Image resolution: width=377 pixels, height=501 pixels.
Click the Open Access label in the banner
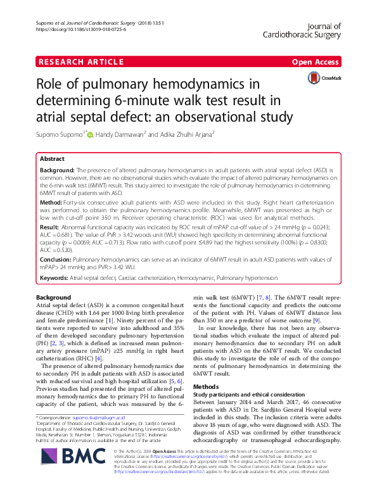point(316,61)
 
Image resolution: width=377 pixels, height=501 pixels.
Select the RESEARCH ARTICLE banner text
point(80,61)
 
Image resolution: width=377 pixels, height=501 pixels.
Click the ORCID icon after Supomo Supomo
point(89,134)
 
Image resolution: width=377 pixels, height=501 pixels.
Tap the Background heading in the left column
point(53,298)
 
